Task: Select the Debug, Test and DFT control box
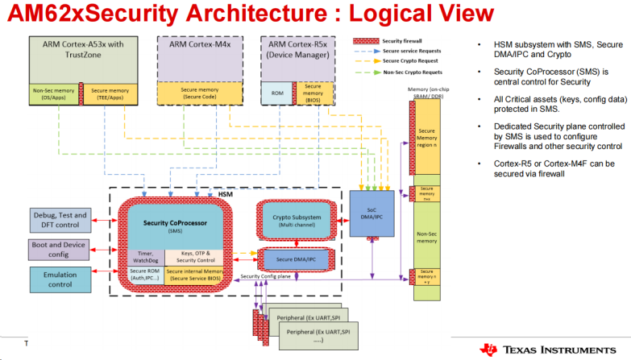point(60,219)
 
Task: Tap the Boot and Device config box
point(60,249)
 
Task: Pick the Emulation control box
point(60,279)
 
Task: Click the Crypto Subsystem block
point(297,221)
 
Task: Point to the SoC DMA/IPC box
point(372,213)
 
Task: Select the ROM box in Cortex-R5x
point(276,93)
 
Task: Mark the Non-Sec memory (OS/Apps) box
point(54,93)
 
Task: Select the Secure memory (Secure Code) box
point(195,93)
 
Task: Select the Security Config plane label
point(267,276)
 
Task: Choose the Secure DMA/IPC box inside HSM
point(297,259)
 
